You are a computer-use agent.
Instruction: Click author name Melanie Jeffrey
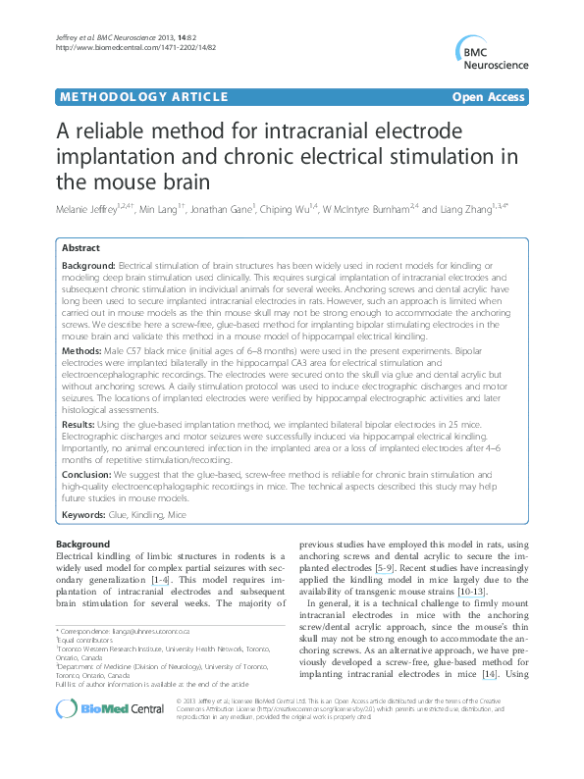click(92, 210)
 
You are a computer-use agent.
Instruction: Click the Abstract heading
click(80, 248)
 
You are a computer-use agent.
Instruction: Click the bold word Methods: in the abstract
click(82, 350)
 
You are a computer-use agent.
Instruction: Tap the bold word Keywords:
click(87, 514)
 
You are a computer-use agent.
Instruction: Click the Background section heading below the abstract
click(82, 543)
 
